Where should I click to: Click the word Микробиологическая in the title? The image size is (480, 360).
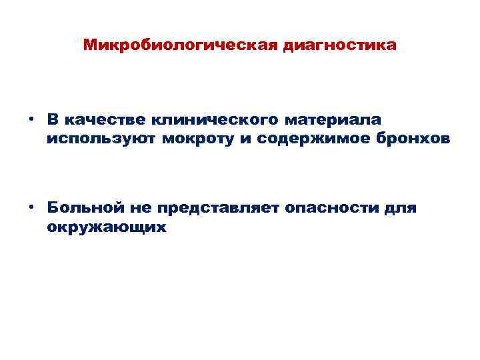click(x=181, y=46)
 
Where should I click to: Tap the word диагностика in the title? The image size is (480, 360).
click(x=339, y=46)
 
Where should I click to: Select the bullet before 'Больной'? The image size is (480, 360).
click(x=31, y=207)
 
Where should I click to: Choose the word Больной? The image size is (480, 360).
click(x=83, y=207)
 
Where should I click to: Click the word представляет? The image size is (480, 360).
click(x=217, y=207)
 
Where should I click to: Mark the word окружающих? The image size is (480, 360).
click(x=105, y=227)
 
